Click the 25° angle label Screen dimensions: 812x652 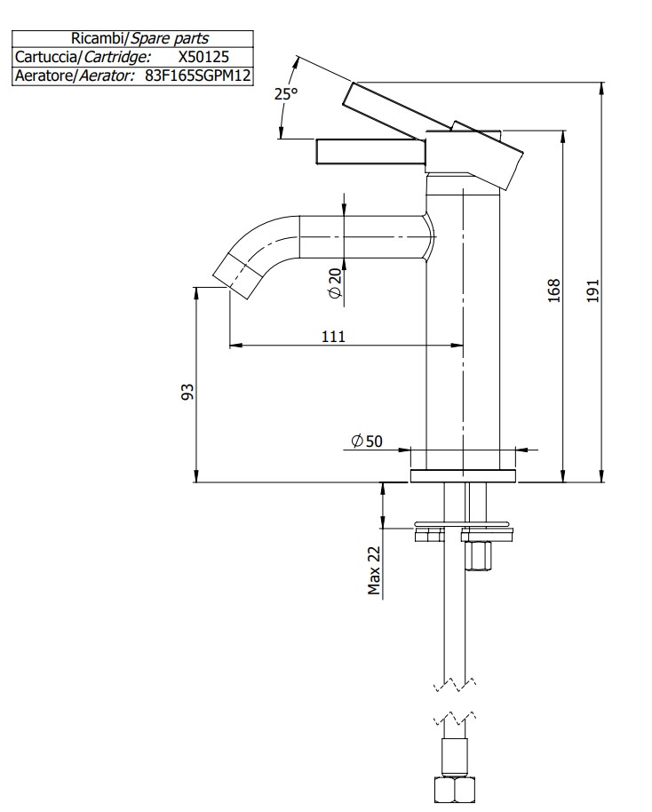(x=284, y=93)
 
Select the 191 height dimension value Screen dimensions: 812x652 (x=593, y=291)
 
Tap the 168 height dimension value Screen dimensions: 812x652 (x=553, y=291)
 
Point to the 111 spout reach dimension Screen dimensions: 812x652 (x=333, y=335)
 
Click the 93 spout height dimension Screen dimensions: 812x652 (x=187, y=392)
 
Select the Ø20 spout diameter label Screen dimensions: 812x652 (x=334, y=282)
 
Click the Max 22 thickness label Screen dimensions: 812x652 (x=374, y=569)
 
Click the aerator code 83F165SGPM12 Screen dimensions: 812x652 (x=198, y=76)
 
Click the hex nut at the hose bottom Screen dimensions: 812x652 (x=454, y=790)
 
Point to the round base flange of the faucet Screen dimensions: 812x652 (x=464, y=475)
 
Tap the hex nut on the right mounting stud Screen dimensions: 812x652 (x=477, y=556)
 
